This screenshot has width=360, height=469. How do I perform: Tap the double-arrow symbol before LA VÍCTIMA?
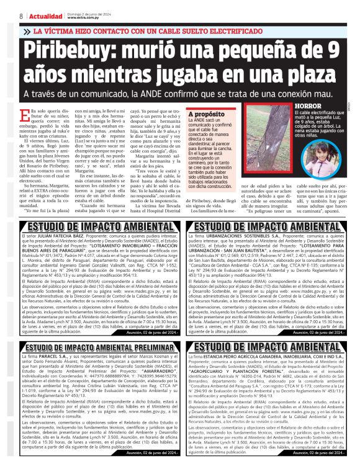27,30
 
